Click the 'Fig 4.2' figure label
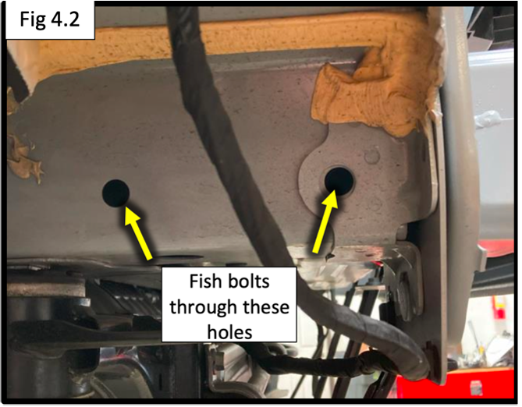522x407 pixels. [50, 19]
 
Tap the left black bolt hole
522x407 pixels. [115, 193]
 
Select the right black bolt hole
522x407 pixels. [339, 180]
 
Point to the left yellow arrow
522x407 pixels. [138, 232]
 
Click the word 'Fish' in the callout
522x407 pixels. [204, 281]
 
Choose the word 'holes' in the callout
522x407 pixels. [229, 332]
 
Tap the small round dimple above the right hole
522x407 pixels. [372, 156]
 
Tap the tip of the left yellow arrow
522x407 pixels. [125, 206]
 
